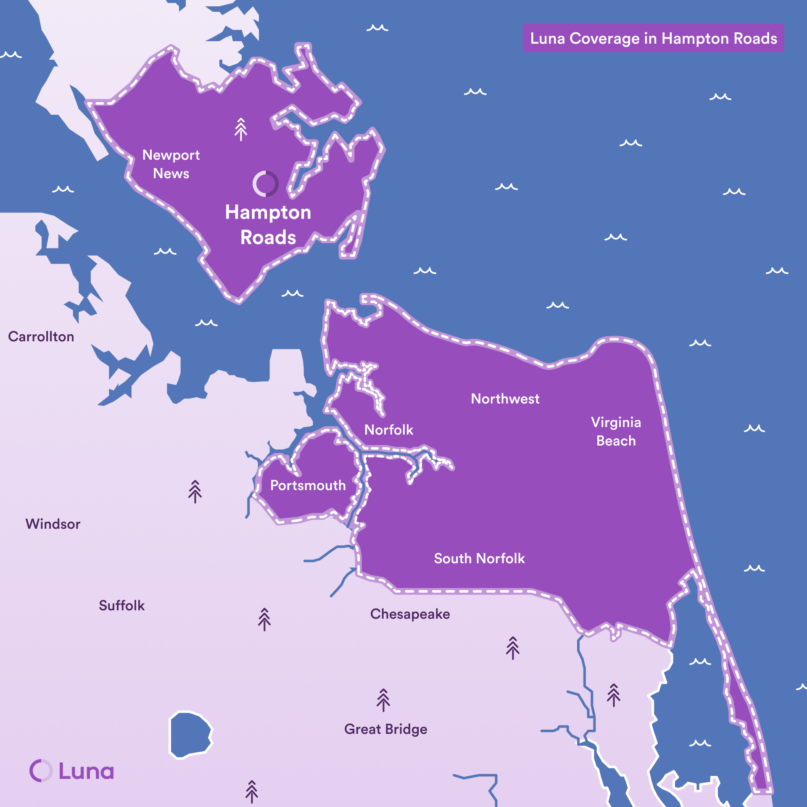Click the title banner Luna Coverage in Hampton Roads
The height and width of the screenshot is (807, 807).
653,38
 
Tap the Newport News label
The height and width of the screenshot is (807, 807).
171,164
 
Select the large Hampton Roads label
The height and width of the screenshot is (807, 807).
268,224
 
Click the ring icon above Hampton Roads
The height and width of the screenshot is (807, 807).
265,184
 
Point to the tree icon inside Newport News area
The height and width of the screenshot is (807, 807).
241,129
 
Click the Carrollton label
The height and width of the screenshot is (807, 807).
41,337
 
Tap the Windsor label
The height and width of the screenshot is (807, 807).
53,524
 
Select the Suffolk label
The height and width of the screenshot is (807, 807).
121,606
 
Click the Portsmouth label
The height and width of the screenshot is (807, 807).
308,485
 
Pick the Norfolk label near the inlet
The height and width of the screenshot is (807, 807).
389,430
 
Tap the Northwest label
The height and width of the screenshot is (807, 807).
505,399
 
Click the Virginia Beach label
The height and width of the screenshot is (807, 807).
616,432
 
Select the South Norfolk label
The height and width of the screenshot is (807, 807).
479,559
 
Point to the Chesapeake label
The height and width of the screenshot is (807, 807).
410,614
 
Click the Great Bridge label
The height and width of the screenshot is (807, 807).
385,729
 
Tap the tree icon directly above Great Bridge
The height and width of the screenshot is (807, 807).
383,700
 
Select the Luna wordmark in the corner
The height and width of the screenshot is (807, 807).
86,771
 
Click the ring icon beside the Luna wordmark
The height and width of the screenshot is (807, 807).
41,771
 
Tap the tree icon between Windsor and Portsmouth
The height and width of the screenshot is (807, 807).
195,491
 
